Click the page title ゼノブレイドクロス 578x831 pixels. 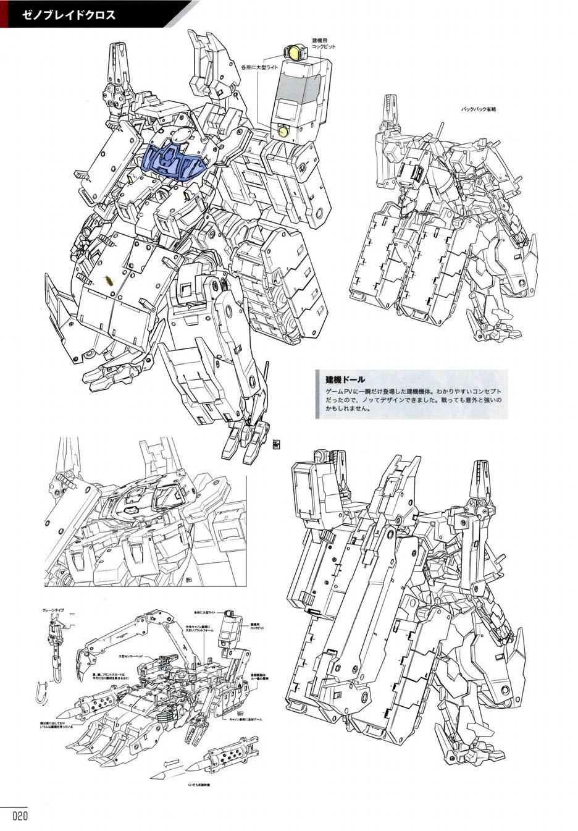coord(67,14)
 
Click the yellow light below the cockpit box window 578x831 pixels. coord(283,132)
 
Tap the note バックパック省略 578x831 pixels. coord(479,109)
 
